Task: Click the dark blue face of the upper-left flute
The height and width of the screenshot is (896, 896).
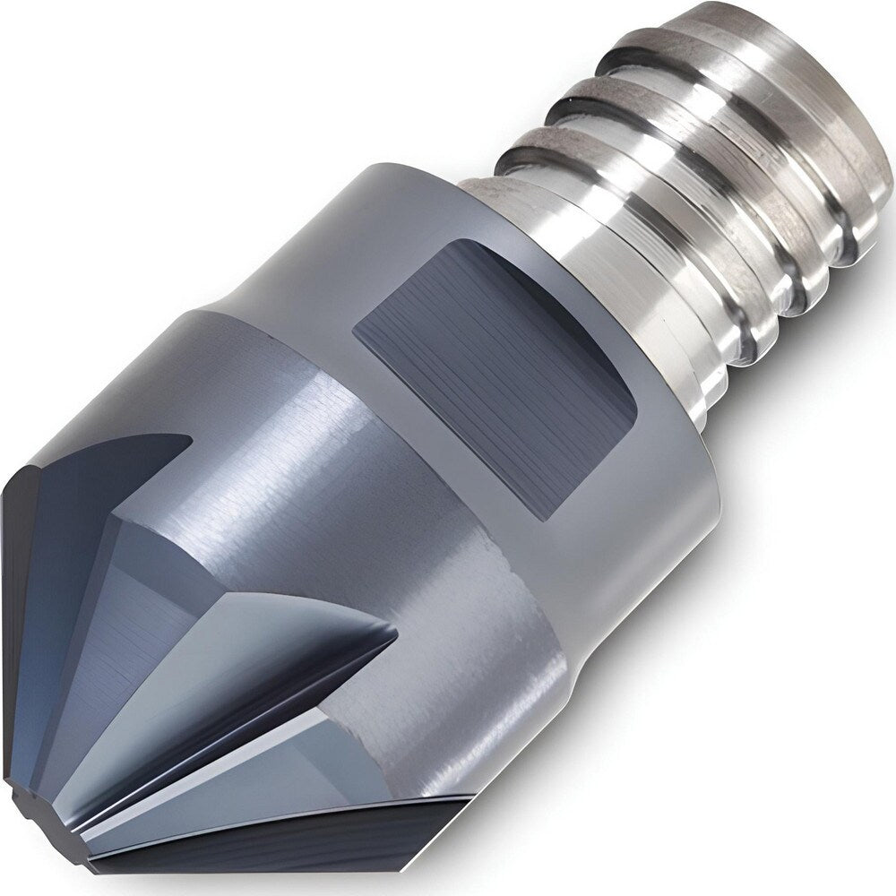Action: coord(81,538)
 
